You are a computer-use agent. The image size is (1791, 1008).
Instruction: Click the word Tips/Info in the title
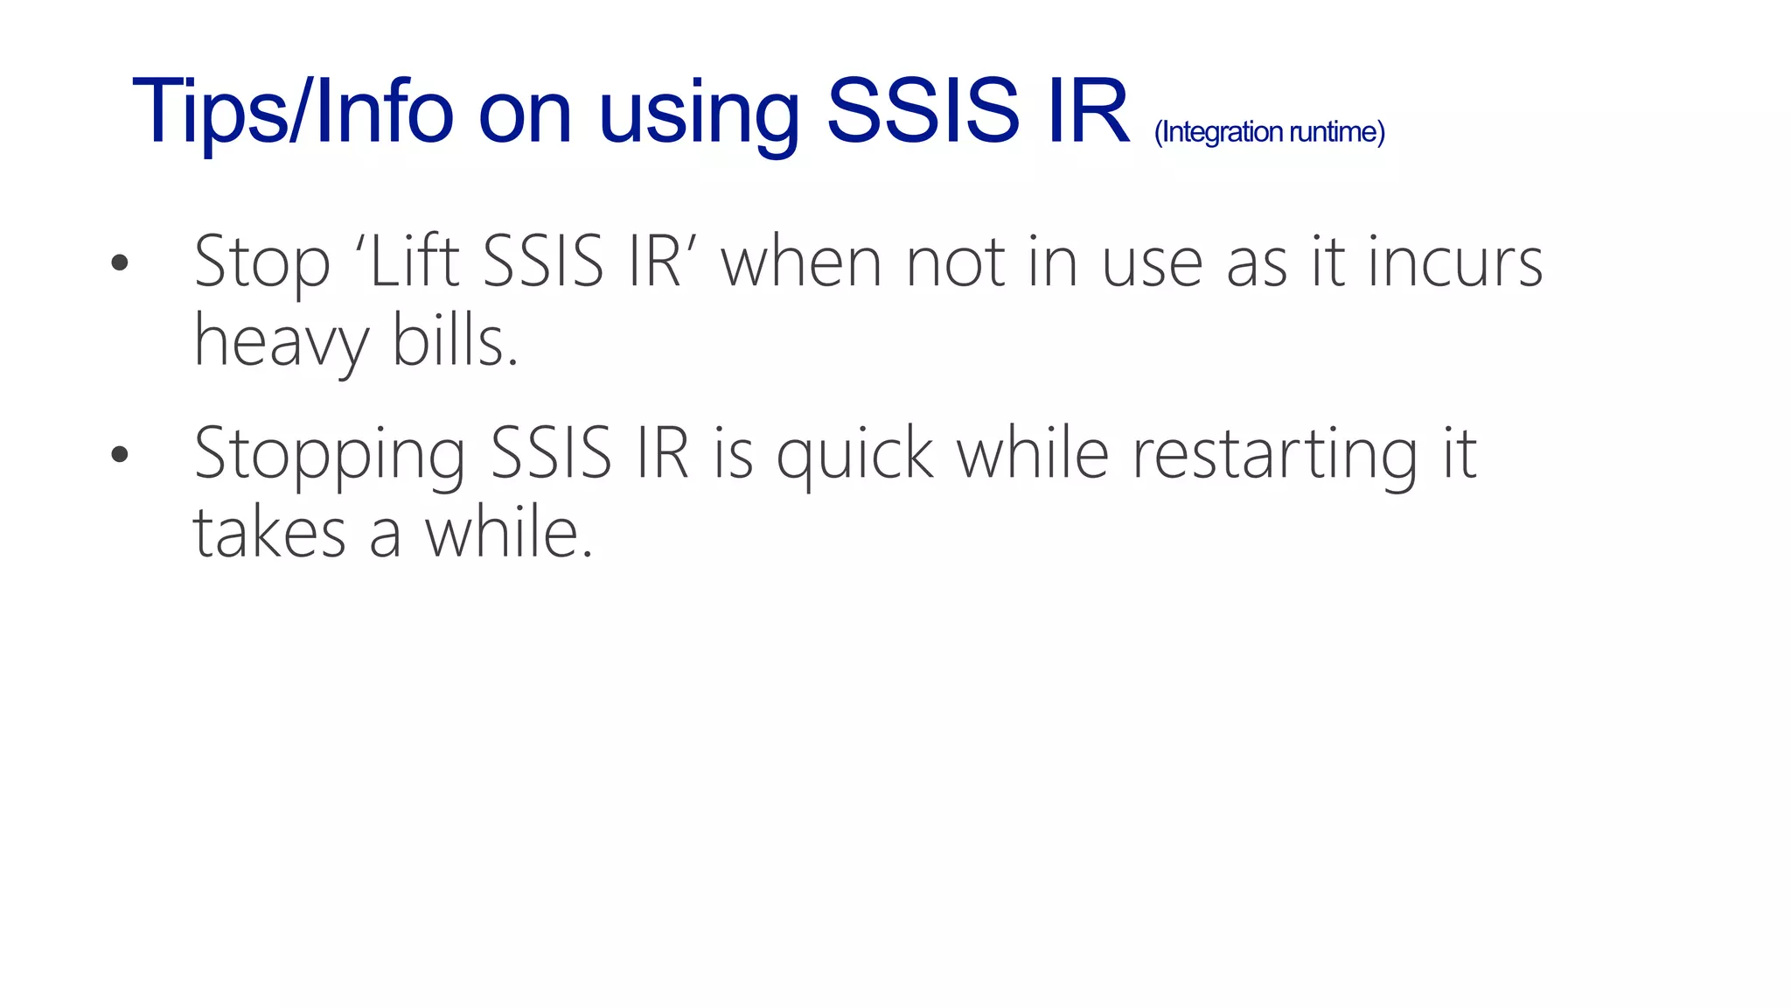click(x=292, y=112)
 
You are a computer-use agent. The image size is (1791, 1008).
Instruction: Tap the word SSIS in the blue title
click(x=923, y=112)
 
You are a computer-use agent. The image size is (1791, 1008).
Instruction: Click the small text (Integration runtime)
click(x=1269, y=132)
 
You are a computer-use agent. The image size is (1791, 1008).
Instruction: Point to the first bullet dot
click(x=120, y=262)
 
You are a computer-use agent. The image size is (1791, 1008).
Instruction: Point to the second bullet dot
click(x=120, y=454)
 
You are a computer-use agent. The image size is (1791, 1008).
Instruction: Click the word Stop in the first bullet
click(x=262, y=262)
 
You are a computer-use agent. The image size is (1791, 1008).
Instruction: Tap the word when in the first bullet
click(x=801, y=262)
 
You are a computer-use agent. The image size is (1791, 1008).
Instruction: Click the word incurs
click(x=1455, y=262)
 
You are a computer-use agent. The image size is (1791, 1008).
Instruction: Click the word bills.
click(x=455, y=341)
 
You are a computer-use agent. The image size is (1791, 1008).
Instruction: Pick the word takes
click(x=269, y=534)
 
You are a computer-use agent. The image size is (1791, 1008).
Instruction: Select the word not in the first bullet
click(x=955, y=262)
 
